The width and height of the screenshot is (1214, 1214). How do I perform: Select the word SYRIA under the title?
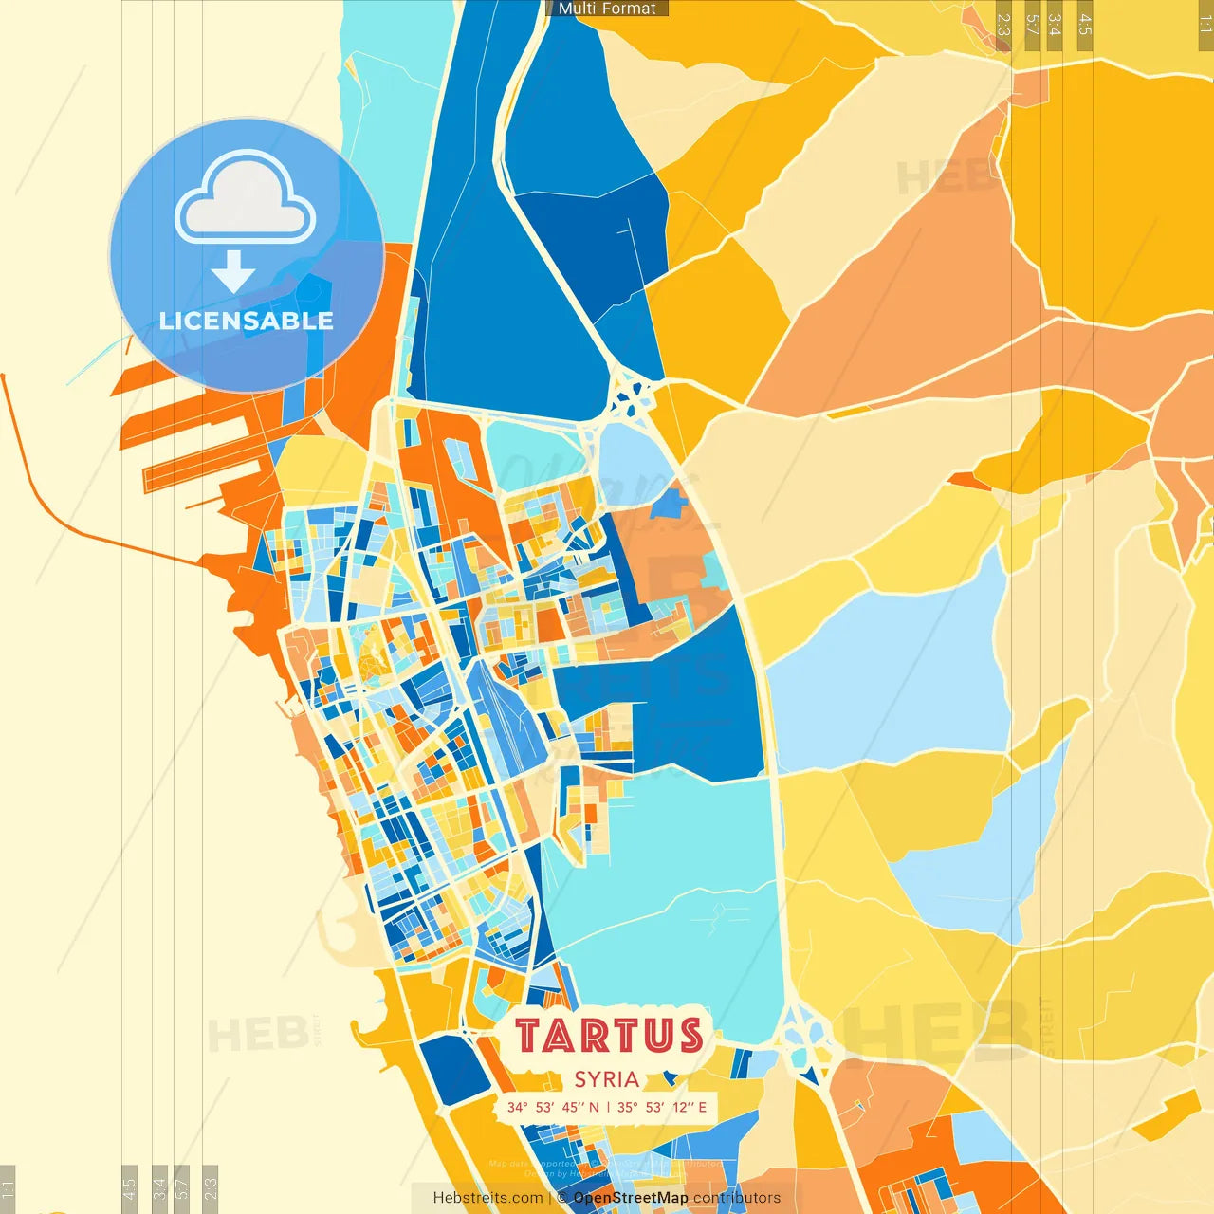pyautogui.click(x=606, y=1079)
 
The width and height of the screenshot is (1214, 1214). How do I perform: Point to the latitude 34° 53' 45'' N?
pyautogui.click(x=553, y=1107)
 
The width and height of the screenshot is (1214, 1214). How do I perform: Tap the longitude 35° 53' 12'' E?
pyautogui.click(x=662, y=1107)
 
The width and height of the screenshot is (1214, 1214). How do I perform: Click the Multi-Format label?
pyautogui.click(x=607, y=9)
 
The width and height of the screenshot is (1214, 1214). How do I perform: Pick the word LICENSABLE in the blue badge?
pyautogui.click(x=247, y=321)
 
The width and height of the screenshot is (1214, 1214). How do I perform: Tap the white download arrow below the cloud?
pyautogui.click(x=233, y=271)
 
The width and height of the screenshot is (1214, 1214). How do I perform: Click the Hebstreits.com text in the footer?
pyautogui.click(x=487, y=1198)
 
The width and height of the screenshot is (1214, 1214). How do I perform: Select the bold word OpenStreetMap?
pyautogui.click(x=631, y=1198)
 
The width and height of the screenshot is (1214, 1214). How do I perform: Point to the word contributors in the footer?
pyautogui.click(x=737, y=1198)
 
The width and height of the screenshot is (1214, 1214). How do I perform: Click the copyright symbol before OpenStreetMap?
pyautogui.click(x=562, y=1198)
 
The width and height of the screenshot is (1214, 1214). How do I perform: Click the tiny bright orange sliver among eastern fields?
pyautogui.click(x=967, y=481)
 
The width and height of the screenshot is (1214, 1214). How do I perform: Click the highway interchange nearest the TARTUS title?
pyautogui.click(x=806, y=1039)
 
